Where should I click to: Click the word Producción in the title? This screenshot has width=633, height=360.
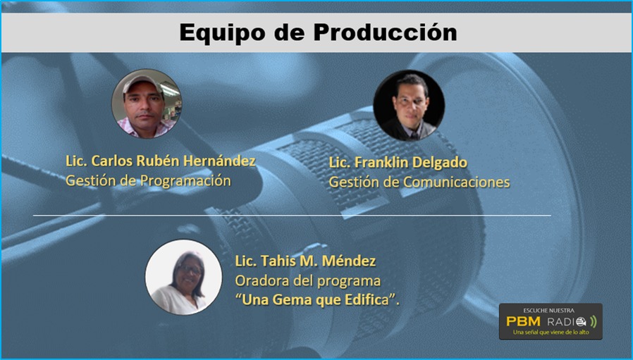(385, 32)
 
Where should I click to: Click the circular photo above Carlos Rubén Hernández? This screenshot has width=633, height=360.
(146, 104)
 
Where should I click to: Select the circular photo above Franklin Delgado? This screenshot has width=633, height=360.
(409, 106)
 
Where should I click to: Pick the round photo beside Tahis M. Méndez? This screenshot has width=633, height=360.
(184, 278)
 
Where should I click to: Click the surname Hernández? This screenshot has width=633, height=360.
(220, 161)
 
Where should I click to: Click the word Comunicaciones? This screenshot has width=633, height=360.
(457, 182)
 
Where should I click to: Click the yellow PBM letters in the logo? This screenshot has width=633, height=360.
(523, 322)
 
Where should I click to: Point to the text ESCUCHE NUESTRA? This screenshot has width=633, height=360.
(548, 311)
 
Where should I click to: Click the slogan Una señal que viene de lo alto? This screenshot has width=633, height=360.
(551, 332)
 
